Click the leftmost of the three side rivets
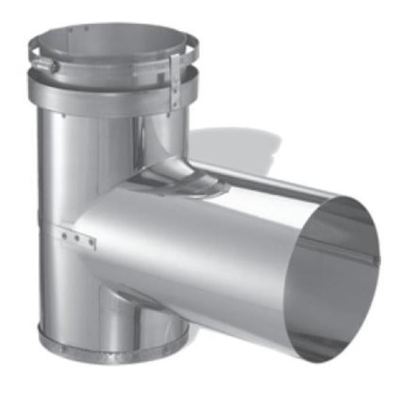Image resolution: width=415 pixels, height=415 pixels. pyautogui.click(x=65, y=235)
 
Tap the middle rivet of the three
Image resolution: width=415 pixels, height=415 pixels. pyautogui.click(x=77, y=238)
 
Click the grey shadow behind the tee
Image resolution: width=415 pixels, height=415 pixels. pyautogui.click(x=237, y=146)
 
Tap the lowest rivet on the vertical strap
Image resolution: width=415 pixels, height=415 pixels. pyautogui.click(x=175, y=102)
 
